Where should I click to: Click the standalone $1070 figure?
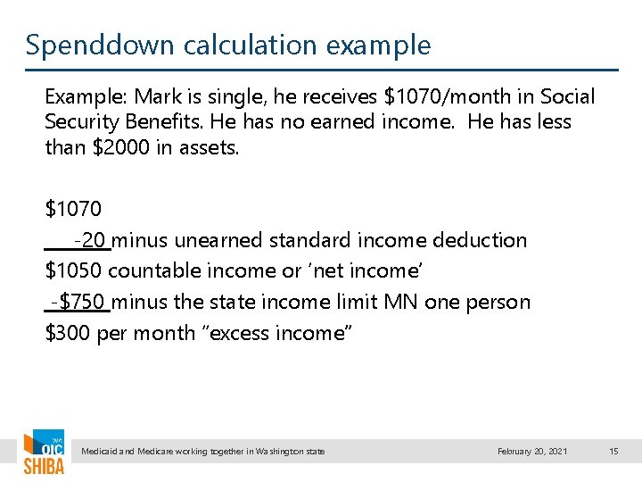(73, 210)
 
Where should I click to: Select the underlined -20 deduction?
(91, 240)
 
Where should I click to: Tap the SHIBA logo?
(43, 455)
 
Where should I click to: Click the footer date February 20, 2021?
(531, 452)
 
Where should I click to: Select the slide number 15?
(613, 452)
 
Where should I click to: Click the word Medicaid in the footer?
(100, 452)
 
